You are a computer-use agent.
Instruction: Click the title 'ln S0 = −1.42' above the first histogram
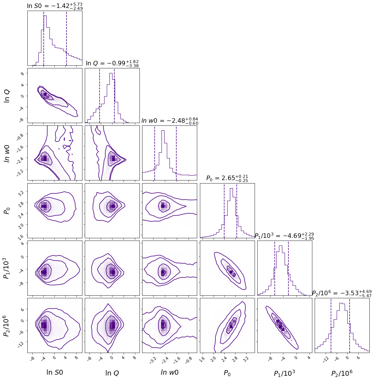(54, 6)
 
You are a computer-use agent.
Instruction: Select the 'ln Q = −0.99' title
(112, 63)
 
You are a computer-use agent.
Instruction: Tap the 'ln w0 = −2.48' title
(169, 121)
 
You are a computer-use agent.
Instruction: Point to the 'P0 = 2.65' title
(227, 178)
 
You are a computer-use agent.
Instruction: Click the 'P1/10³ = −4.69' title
(284, 236)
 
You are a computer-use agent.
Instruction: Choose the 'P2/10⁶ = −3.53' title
(342, 293)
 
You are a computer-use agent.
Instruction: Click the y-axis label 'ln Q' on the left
(7, 95)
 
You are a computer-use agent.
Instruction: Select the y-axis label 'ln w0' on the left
(7, 153)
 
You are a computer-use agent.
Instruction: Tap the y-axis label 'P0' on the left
(7, 210)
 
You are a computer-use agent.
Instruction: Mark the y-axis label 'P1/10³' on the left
(7, 268)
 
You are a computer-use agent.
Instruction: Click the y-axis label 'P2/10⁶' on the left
(7, 325)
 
